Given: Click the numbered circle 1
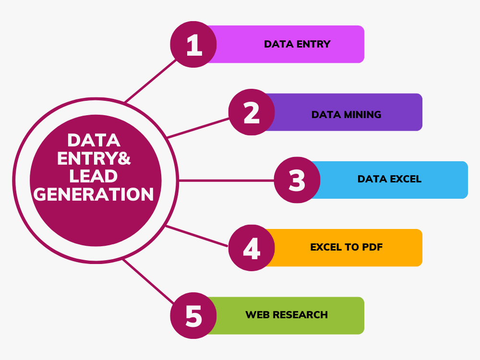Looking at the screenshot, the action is tap(193, 44).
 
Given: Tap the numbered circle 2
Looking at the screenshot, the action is tap(252, 112).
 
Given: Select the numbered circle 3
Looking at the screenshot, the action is tap(297, 180).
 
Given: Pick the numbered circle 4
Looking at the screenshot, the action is tap(252, 248).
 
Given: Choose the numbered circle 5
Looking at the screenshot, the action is tap(193, 316).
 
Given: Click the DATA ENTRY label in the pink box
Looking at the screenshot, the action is tap(297, 44).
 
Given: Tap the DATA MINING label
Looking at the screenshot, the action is tap(346, 115).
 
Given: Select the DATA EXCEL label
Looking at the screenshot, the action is tap(389, 179).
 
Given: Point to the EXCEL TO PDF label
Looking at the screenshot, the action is tap(347, 247).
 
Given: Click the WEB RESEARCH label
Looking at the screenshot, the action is tap(287, 315).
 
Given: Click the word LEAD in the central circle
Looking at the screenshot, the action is tap(94, 176).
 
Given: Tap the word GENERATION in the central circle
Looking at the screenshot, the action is tap(94, 194).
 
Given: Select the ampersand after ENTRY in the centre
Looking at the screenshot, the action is tap(124, 158).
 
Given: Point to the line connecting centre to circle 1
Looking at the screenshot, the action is tap(150, 81).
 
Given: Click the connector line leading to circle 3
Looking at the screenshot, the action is tap(226, 180).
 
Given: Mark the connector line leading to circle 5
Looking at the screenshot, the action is tap(148, 281).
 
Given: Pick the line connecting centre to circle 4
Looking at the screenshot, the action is tap(196, 236).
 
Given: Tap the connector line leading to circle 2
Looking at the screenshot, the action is tap(198, 128).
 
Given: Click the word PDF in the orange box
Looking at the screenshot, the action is tap(372, 247).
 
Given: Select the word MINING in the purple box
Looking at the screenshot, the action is tap(362, 115).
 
